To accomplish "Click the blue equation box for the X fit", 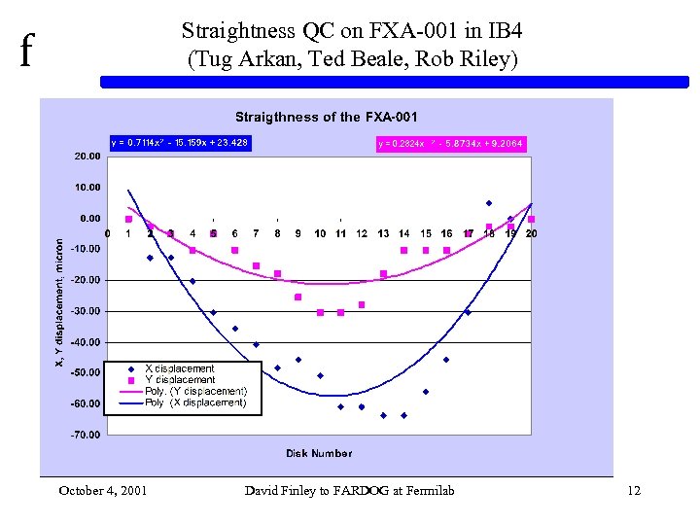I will point(179,143).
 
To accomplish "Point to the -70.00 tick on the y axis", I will point(86,435).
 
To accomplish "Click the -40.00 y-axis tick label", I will point(86,342).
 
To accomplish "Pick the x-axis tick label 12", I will point(362,234).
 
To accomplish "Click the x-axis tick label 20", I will point(532,234).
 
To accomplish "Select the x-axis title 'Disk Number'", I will point(319,453).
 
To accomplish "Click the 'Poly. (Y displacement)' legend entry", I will point(194,391).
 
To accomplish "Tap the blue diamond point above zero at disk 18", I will point(489,203).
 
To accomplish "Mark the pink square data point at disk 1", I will point(128,220).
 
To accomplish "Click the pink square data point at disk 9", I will point(298,297).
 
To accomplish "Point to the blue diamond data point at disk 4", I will point(192,281).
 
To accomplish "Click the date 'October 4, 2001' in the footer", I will point(103,490).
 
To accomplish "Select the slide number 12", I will point(634,490).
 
